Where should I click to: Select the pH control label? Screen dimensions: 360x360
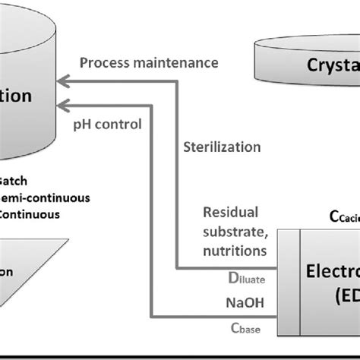click(x=106, y=124)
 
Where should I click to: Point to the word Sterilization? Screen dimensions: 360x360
click(x=222, y=146)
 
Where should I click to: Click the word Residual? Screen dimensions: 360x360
click(x=230, y=212)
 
